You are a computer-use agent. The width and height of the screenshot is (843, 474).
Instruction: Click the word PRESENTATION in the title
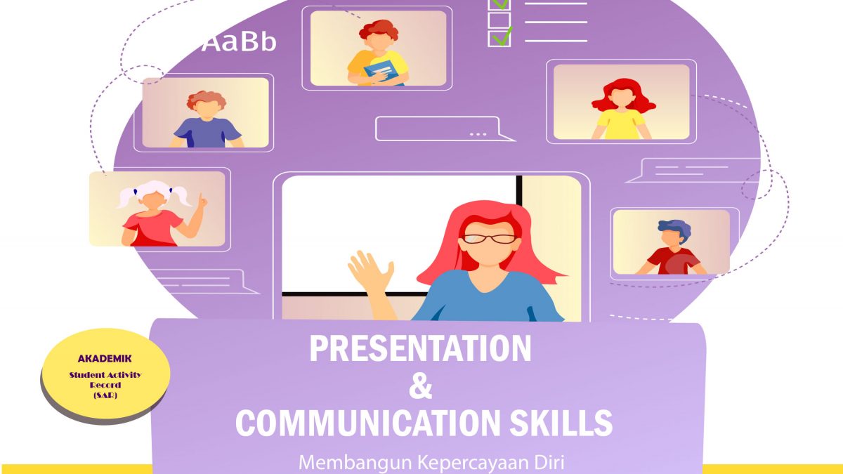click(x=420, y=348)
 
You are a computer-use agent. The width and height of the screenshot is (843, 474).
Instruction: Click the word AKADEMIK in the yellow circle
click(x=105, y=359)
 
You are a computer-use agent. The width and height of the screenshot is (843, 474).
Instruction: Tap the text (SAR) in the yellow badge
click(x=105, y=395)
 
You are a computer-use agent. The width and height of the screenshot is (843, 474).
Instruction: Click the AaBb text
click(x=239, y=41)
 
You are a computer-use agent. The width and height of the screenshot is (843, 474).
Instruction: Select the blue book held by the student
click(x=382, y=73)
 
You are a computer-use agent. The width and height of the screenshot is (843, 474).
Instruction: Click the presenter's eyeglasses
click(x=489, y=239)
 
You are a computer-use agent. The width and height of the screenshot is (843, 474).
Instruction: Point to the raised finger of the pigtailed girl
click(x=202, y=198)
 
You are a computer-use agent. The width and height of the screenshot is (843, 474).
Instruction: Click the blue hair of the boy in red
click(x=675, y=229)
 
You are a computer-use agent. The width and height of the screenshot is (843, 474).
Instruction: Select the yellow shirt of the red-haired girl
click(x=621, y=124)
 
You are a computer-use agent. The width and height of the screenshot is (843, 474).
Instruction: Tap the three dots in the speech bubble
click(x=478, y=134)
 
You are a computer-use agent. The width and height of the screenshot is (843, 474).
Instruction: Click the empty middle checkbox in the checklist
click(x=499, y=20)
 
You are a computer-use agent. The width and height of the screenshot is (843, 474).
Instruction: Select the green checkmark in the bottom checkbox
click(x=502, y=37)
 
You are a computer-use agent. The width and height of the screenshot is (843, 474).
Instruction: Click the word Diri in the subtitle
click(x=551, y=462)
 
